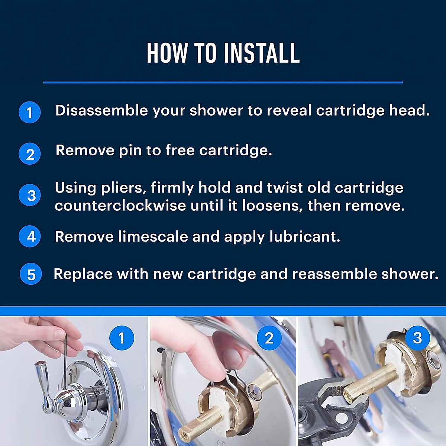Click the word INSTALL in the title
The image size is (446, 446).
(262, 53)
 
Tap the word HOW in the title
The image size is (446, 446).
(166, 53)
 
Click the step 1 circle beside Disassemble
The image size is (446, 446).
(30, 112)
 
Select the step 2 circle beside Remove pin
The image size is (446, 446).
(30, 153)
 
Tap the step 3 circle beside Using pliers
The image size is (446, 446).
(30, 195)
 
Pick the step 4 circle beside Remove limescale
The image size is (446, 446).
(30, 236)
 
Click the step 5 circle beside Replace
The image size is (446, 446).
(31, 274)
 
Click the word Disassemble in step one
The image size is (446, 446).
(101, 111)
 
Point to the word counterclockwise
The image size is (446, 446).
(120, 206)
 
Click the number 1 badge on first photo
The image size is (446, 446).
(121, 338)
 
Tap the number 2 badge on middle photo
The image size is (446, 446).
(269, 338)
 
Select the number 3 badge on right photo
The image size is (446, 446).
(417, 338)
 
